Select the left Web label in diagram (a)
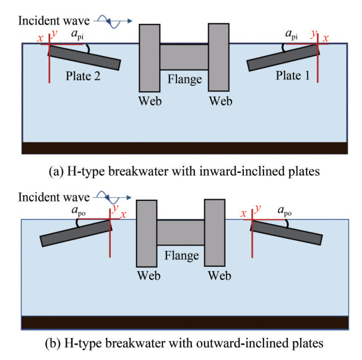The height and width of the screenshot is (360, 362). point(150,100)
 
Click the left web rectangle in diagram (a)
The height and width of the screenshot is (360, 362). point(150,57)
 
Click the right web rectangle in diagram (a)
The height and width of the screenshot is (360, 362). point(218,57)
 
